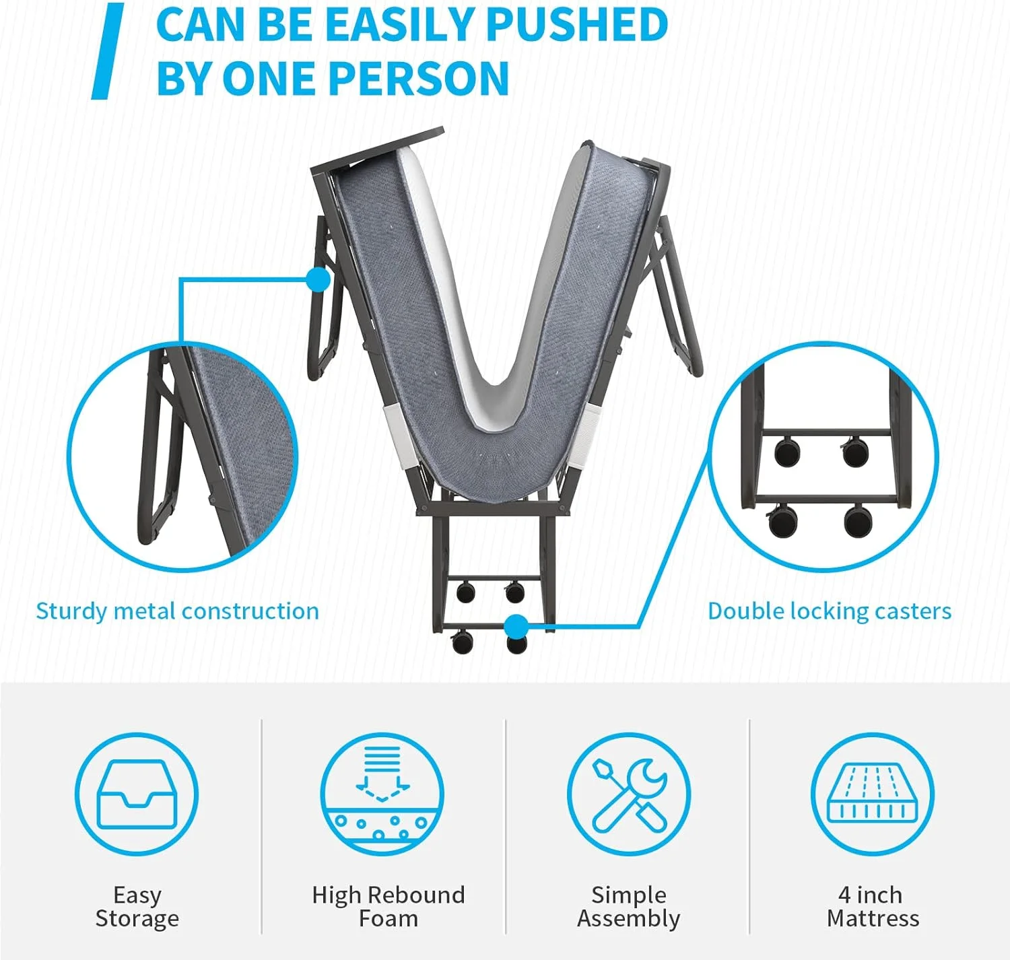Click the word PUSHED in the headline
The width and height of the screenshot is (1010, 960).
577,24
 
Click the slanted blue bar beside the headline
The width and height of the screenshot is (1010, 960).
107,51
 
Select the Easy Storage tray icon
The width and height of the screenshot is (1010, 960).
137,794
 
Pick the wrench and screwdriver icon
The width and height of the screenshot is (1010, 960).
629,794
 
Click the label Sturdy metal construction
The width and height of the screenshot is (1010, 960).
178,612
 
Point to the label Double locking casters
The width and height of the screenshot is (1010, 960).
830,612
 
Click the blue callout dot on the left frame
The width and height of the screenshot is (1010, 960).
318,280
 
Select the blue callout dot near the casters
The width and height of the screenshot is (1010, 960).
516,626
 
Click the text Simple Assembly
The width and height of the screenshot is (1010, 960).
629,907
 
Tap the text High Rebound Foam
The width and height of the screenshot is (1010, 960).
389,907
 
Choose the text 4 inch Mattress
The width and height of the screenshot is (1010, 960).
873,907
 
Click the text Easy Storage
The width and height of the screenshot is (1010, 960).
137,907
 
